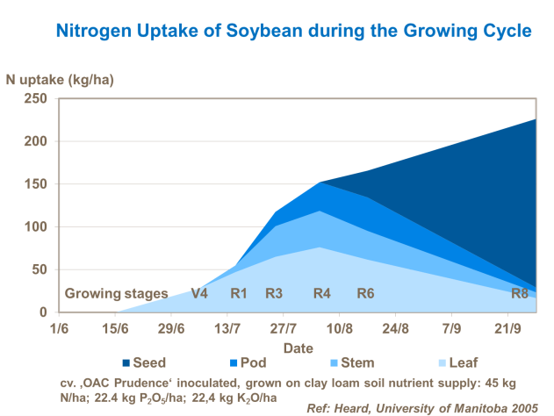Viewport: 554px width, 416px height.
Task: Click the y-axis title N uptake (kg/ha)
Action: pos(60,80)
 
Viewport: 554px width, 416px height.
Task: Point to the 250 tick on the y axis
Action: pos(36,98)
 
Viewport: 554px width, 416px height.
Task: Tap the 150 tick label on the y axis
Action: pos(36,183)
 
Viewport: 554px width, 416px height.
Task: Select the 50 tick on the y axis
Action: pos(40,269)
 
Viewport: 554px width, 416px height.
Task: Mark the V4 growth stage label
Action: pos(199,294)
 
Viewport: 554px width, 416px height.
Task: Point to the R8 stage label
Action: pos(520,294)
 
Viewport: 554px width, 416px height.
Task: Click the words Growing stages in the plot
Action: pos(117,294)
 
